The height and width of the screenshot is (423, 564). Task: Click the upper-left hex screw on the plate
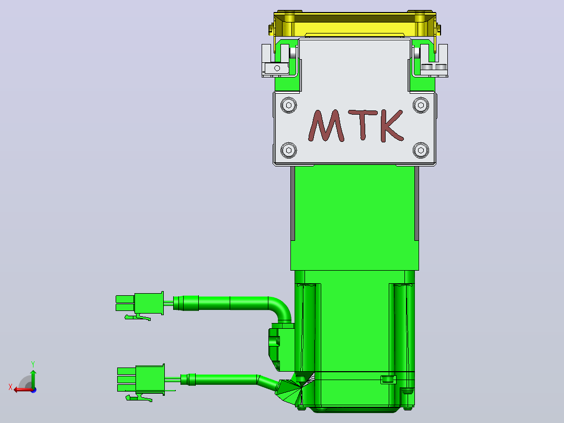[288, 105]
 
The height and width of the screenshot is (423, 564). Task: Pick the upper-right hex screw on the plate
[421, 105]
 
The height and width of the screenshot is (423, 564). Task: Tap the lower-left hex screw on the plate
[288, 150]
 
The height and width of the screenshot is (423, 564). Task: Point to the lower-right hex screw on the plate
[421, 150]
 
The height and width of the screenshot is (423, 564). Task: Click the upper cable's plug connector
[140, 303]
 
